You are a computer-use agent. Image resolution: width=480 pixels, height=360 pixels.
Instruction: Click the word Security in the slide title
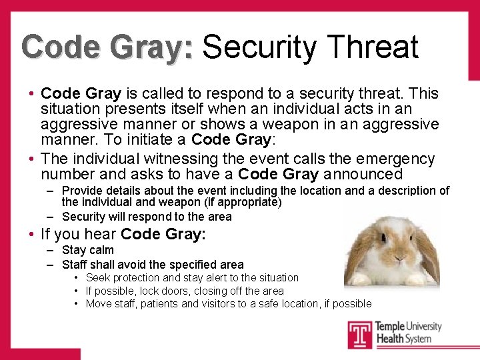[259, 47]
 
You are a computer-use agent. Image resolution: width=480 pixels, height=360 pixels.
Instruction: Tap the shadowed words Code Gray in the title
[107, 47]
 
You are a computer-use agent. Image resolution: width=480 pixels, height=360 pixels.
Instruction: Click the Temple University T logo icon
[359, 333]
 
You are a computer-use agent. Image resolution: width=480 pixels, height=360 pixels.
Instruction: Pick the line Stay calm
[87, 250]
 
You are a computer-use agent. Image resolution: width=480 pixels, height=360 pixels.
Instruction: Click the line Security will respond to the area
[147, 216]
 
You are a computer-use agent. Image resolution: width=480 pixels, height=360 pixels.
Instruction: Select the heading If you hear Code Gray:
[123, 234]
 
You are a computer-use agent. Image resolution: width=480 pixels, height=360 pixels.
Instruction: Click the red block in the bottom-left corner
[40, 354]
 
